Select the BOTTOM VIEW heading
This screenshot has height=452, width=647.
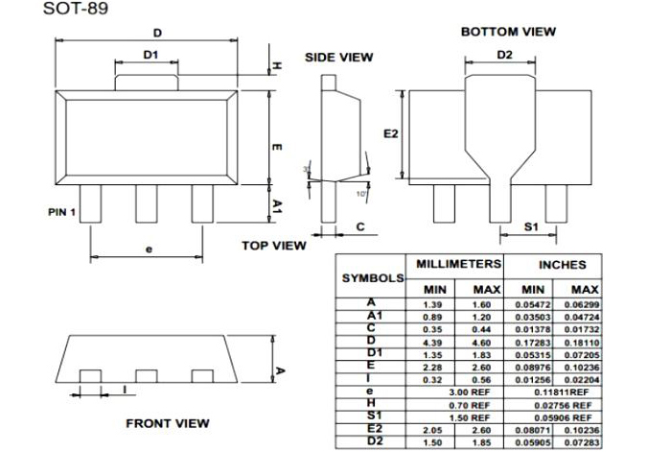[x=508, y=32]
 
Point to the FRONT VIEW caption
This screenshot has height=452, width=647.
[x=168, y=422]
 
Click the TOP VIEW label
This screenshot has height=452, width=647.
[x=274, y=246]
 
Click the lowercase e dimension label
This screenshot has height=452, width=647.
[x=149, y=249]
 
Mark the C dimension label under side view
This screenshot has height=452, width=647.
[x=360, y=226]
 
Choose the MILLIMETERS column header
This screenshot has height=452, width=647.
[x=458, y=263]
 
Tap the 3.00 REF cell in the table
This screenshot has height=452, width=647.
[x=459, y=393]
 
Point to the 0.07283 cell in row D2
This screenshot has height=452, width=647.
[x=582, y=442]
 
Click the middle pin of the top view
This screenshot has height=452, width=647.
[x=146, y=203]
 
